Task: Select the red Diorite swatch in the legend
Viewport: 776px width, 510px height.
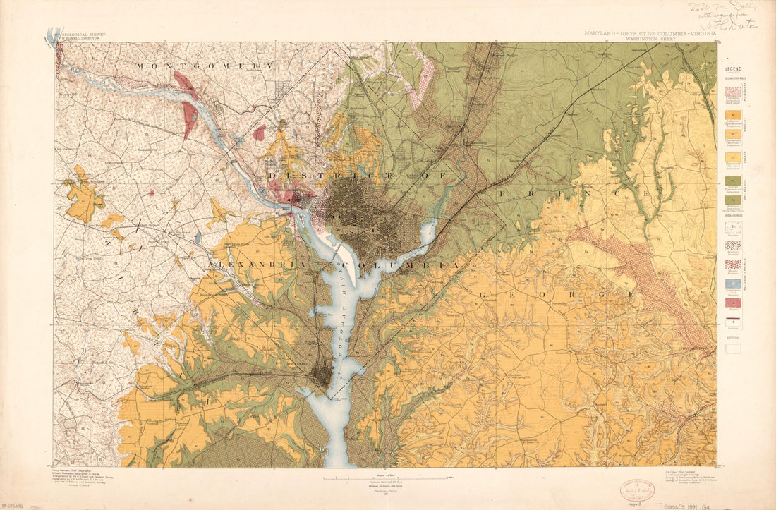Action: coord(734,302)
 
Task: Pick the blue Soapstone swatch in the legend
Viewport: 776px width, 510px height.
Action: coord(734,284)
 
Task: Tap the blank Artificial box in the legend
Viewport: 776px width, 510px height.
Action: coord(734,348)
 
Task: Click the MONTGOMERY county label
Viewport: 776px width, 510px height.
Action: coord(205,66)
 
